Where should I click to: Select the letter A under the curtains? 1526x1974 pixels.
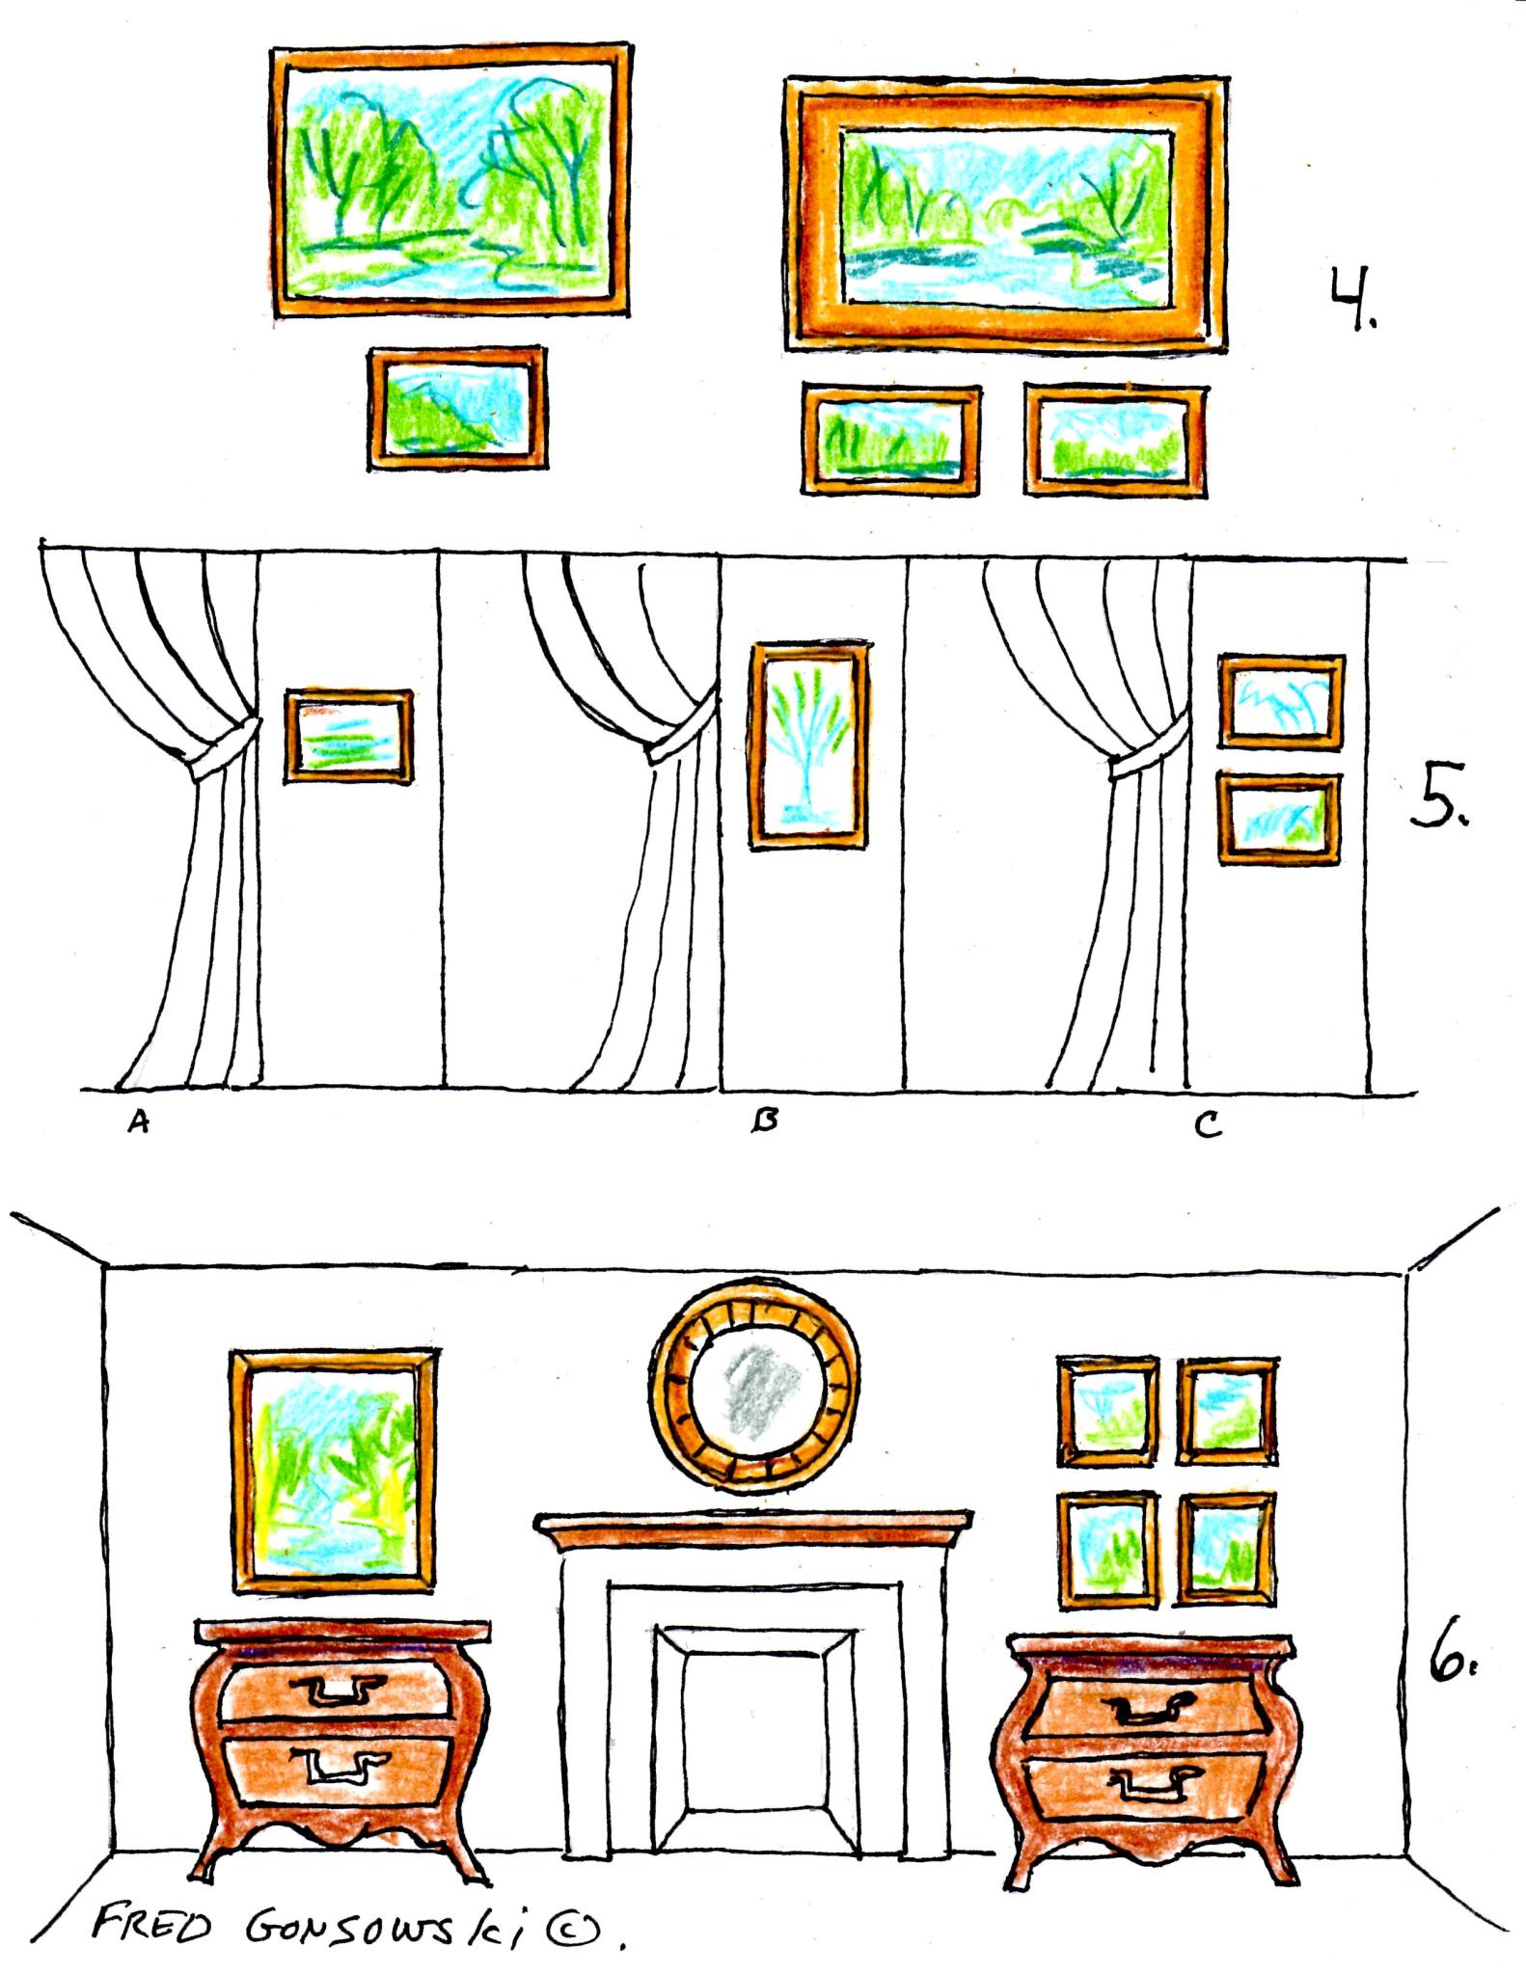[x=139, y=1122]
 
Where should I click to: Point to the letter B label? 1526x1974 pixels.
[x=765, y=1121]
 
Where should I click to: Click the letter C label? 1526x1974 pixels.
[x=1208, y=1124]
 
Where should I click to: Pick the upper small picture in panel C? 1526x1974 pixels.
[x=1281, y=702]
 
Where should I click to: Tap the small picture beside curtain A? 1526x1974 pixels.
[x=348, y=736]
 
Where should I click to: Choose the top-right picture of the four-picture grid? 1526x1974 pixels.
[x=1228, y=1409]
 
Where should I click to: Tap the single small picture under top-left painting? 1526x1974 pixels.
[x=457, y=409]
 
